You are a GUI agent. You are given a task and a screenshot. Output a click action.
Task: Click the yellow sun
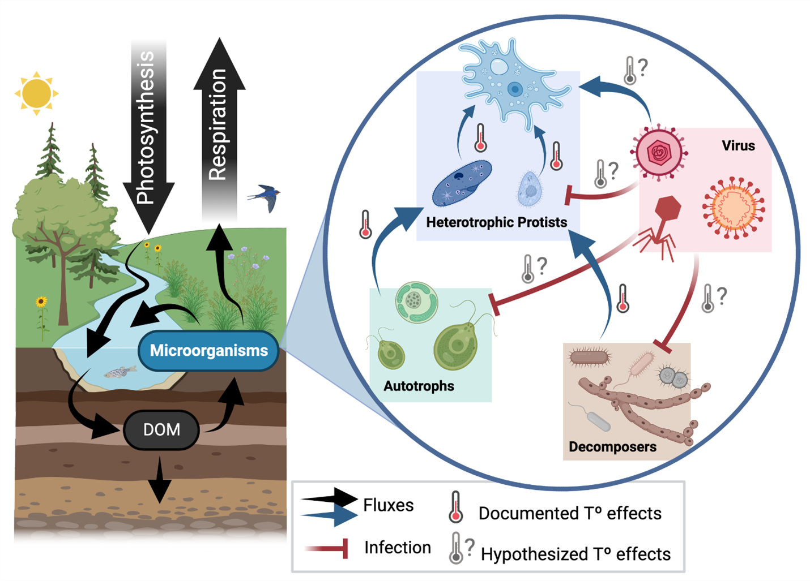(37, 93)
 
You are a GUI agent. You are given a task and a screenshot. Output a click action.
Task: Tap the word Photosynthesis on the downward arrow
(146, 128)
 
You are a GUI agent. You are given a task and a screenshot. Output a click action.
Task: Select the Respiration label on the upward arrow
(218, 124)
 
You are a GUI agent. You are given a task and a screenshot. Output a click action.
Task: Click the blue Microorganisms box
(208, 351)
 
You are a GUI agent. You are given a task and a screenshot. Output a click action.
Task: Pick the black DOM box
(161, 430)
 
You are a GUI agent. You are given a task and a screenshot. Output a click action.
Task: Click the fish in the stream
(120, 372)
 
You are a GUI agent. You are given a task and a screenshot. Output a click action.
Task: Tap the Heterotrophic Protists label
(496, 222)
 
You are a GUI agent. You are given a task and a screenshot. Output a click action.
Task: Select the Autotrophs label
(419, 386)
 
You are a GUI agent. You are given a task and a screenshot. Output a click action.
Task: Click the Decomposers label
(612, 447)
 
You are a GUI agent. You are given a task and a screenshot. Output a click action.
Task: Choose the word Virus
(738, 146)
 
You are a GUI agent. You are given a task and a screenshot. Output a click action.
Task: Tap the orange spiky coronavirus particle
(734, 208)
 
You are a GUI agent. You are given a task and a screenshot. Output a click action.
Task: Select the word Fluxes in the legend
(389, 505)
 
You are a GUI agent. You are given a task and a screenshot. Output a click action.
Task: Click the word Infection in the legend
(398, 548)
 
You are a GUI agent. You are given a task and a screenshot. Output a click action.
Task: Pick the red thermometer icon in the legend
(455, 507)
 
